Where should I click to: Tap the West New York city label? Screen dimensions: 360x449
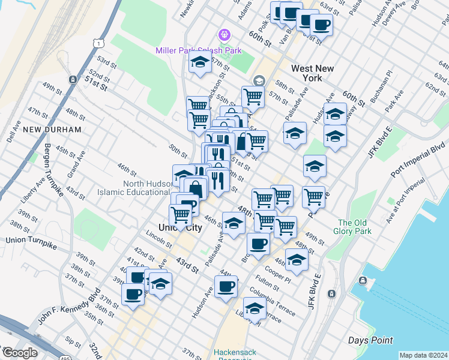[x=312, y=73]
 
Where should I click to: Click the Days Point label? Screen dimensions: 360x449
[x=371, y=340]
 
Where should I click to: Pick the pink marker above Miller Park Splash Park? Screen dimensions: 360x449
[x=224, y=35]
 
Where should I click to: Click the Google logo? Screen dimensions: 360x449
[x=19, y=352]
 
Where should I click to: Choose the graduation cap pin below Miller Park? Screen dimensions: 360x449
[x=200, y=62]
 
